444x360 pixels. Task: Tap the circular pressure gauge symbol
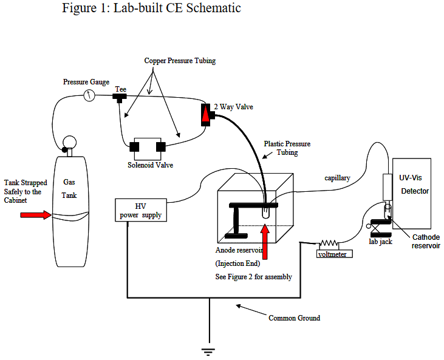click(x=90, y=96)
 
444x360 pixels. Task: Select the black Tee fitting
click(x=120, y=97)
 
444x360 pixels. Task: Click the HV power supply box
click(x=140, y=209)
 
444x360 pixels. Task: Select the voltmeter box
click(x=332, y=254)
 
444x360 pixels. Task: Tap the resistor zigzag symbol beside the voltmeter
click(x=329, y=244)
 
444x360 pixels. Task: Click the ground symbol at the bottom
click(x=209, y=350)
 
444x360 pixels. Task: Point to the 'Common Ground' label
click(x=294, y=318)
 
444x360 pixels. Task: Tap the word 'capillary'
click(x=336, y=178)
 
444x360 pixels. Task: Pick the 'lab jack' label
click(x=381, y=241)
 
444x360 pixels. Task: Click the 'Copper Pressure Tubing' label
click(x=179, y=61)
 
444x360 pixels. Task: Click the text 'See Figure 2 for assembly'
click(x=254, y=277)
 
